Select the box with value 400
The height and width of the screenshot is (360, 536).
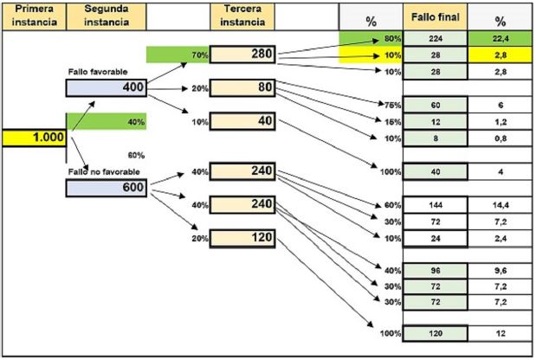click(x=106, y=87)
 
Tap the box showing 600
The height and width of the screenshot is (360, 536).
click(x=106, y=187)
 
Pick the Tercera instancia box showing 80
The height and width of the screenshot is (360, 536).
click(x=242, y=87)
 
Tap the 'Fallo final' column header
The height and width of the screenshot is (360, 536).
click(x=436, y=17)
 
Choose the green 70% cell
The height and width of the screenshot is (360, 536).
click(x=178, y=55)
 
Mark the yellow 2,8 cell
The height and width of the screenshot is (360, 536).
click(x=500, y=55)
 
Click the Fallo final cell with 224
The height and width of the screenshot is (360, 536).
click(x=436, y=39)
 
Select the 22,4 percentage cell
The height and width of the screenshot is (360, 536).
click(x=500, y=39)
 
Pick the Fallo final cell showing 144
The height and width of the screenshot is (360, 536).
click(x=436, y=205)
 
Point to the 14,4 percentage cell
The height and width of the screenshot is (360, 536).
click(x=500, y=205)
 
